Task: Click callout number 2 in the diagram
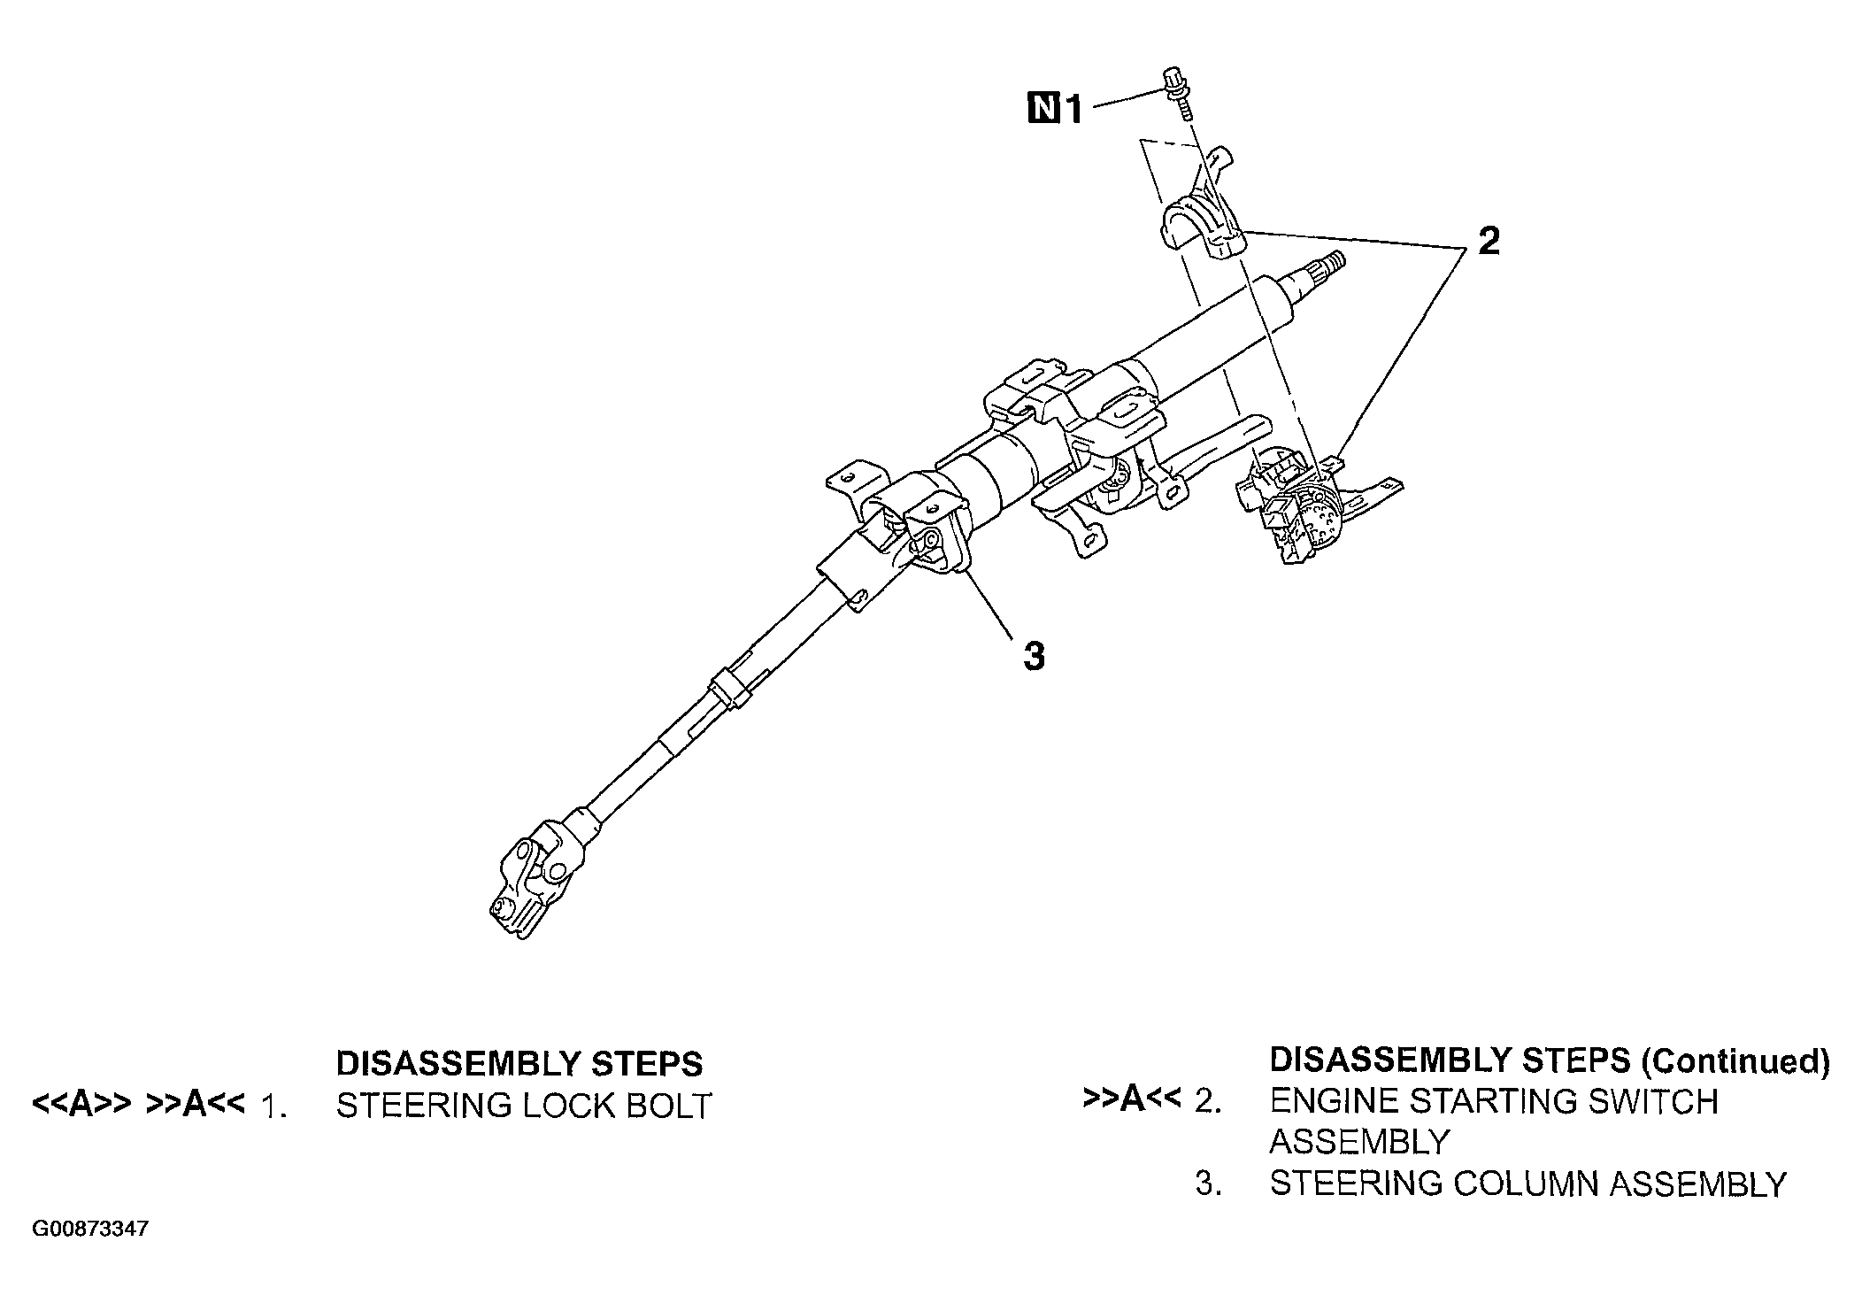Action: (x=1489, y=241)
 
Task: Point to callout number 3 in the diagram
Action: (x=1033, y=657)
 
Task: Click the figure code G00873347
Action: (x=90, y=1230)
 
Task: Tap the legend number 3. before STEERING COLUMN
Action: (x=1208, y=1184)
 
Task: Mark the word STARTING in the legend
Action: (x=1489, y=1102)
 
